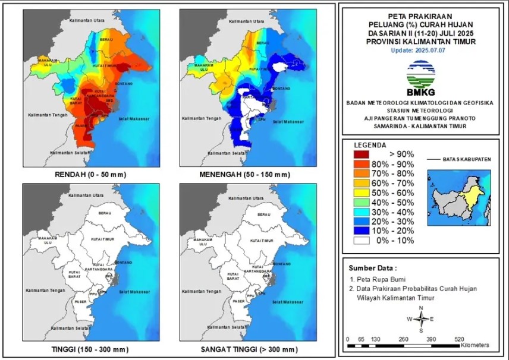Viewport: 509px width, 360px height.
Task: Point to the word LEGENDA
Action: click(x=370, y=145)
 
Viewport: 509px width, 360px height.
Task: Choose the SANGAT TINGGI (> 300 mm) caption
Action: click(x=249, y=349)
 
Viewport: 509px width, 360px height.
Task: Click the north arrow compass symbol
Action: click(x=420, y=319)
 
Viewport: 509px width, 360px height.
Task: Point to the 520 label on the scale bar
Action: click(x=459, y=339)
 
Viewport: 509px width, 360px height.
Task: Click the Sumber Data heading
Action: click(x=372, y=267)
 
